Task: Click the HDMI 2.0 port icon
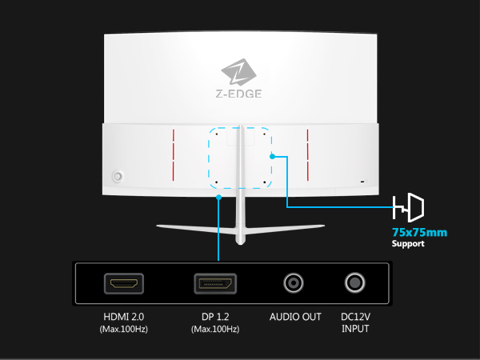pyautogui.click(x=123, y=284)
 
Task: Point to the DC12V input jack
pyautogui.click(x=354, y=283)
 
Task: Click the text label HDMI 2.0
pyautogui.click(x=124, y=317)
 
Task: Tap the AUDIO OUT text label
pyautogui.click(x=295, y=317)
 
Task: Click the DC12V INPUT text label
pyautogui.click(x=355, y=322)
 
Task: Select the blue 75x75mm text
pyautogui.click(x=419, y=232)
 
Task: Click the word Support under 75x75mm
pyautogui.click(x=409, y=243)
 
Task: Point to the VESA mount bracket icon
pyautogui.click(x=409, y=209)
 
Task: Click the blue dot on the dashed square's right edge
pyautogui.click(x=273, y=157)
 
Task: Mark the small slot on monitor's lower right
pyautogui.click(x=362, y=182)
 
